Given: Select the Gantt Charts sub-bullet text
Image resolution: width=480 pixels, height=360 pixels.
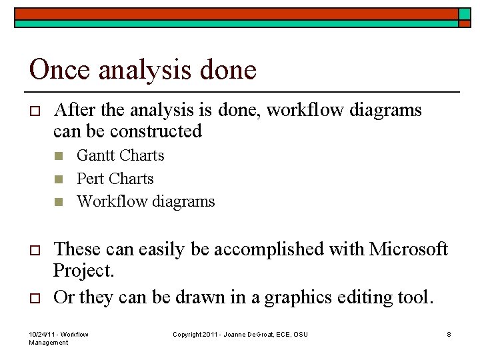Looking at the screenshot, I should (x=120, y=155).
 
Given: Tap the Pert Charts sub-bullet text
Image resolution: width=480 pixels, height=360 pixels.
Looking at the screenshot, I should (x=115, y=179).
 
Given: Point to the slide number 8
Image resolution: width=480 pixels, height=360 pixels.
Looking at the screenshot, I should (x=449, y=334).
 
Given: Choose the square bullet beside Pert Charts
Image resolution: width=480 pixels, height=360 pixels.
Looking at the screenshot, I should (x=59, y=179).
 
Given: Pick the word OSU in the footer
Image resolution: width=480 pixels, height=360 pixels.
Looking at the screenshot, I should (x=300, y=334).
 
